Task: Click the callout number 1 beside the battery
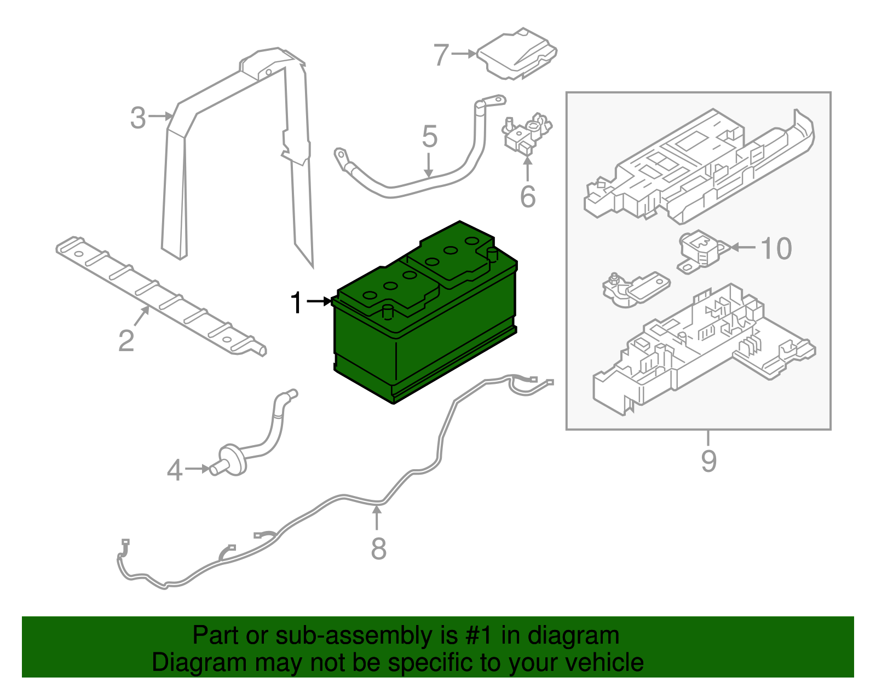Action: [x=296, y=302]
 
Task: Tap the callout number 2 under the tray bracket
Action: [x=126, y=341]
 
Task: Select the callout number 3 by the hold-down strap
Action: [x=138, y=118]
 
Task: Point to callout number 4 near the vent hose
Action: [x=174, y=470]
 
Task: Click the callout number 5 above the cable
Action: [x=429, y=137]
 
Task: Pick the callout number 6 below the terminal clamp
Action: [x=528, y=197]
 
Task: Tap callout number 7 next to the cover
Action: [x=441, y=55]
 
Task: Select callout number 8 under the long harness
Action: [x=378, y=548]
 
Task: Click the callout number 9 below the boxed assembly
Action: [x=708, y=461]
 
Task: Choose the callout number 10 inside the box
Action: [x=776, y=249]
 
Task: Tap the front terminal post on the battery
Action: [x=388, y=312]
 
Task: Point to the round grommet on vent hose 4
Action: [x=233, y=458]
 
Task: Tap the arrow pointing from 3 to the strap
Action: [x=162, y=116]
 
